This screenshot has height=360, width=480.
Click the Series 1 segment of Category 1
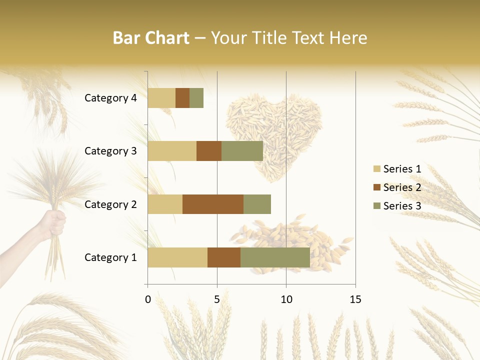click(x=177, y=257)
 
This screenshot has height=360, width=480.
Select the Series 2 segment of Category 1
click(x=224, y=257)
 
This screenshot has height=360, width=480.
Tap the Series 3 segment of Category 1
click(x=275, y=257)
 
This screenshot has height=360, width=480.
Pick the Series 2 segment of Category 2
click(x=213, y=204)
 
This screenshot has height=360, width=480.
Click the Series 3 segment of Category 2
click(x=257, y=204)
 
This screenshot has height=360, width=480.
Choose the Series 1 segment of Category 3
click(x=172, y=151)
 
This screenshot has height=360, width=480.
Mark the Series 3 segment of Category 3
click(x=242, y=151)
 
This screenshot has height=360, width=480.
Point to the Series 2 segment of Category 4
click(x=182, y=98)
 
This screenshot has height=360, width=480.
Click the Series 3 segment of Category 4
click(x=196, y=98)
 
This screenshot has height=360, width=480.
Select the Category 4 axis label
click(x=110, y=98)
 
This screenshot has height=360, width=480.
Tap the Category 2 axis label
click(x=110, y=204)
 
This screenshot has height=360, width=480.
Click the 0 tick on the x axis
click(x=148, y=299)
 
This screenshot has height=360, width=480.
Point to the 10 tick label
click(x=286, y=299)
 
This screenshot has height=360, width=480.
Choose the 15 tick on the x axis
click(x=355, y=299)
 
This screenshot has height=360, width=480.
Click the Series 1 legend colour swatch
click(x=376, y=169)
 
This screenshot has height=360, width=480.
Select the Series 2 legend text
click(x=402, y=187)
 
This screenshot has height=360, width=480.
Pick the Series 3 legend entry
click(x=397, y=206)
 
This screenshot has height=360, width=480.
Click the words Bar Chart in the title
click(x=151, y=38)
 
